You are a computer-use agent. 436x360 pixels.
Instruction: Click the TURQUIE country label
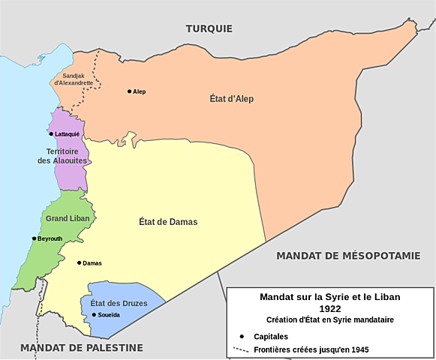pos(209,28)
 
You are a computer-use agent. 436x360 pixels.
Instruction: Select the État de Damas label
pos(168,221)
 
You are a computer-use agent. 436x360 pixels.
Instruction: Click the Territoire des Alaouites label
pos(63,156)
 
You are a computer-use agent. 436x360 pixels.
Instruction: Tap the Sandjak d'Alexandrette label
pos(74,78)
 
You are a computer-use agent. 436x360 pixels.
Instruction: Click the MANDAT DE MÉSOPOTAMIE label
pos(348,256)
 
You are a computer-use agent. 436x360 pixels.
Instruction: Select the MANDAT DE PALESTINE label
pos(82,347)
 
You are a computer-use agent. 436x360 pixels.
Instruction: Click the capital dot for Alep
pos(129,91)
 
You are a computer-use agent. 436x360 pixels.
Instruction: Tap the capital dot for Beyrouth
pos(34,238)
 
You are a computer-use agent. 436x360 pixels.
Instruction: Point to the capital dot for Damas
pos(79,263)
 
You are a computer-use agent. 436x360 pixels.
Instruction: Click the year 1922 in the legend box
pos(329,308)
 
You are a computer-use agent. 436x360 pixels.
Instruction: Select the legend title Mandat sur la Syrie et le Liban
pos(329,297)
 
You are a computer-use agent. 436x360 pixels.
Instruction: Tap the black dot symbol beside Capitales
pos(241,337)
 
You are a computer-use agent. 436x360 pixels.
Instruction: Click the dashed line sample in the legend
pos(241,349)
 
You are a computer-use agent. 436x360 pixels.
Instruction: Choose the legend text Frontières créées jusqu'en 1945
pos(311,349)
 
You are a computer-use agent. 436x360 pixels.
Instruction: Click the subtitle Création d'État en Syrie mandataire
pos(329,320)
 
